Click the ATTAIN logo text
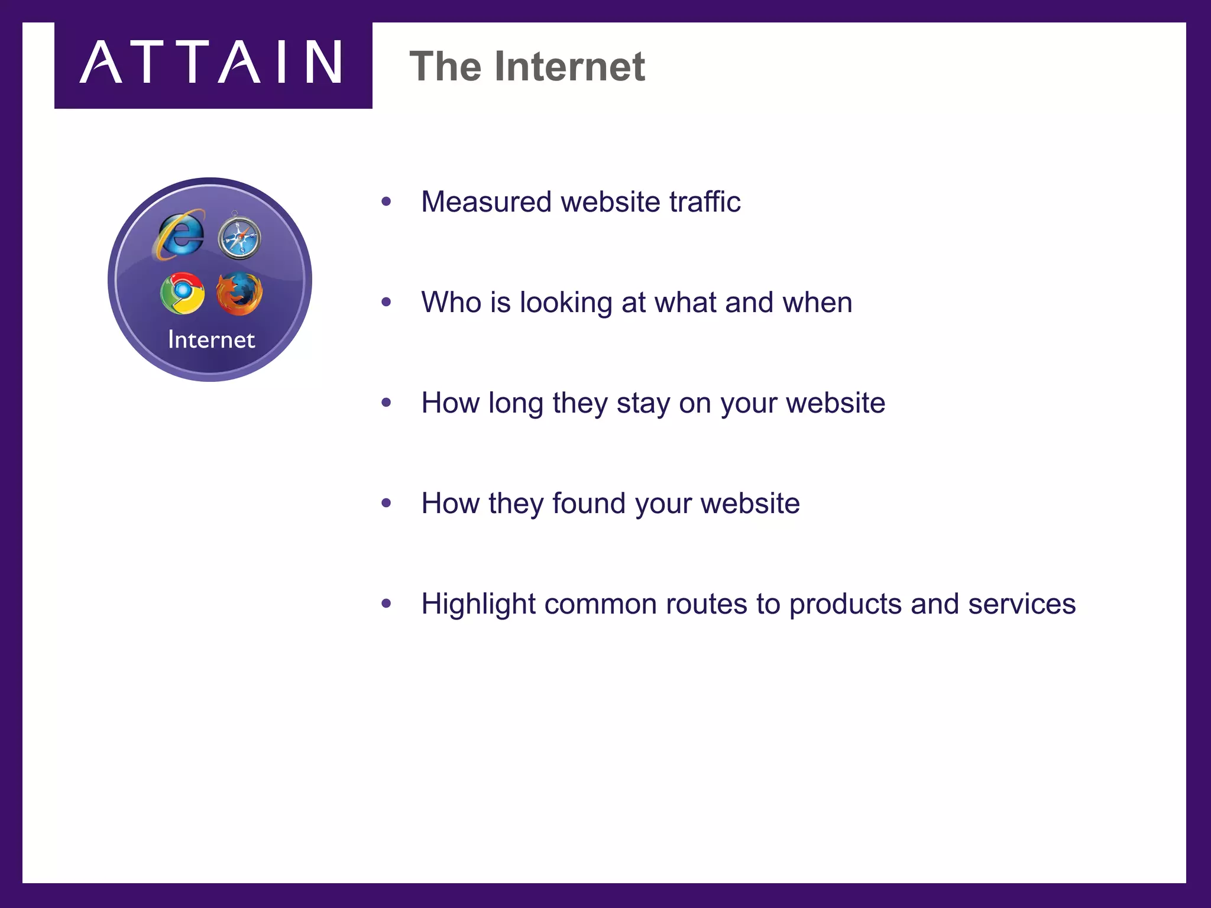coord(212,62)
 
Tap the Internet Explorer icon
coord(180,235)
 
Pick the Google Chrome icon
coord(183,293)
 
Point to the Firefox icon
coord(239,293)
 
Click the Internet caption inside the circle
coord(211,340)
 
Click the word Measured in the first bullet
coord(486,202)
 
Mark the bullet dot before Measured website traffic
coord(387,202)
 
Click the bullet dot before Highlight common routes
coord(387,604)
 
